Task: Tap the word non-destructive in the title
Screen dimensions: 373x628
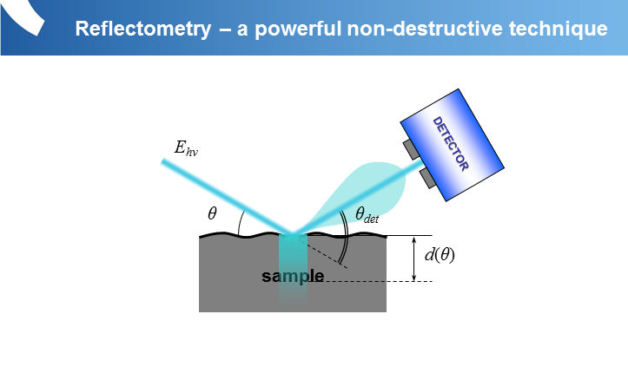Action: [417, 29]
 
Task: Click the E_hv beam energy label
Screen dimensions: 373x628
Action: [186, 148]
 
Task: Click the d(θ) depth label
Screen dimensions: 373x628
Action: [440, 256]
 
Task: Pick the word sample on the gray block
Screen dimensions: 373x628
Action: [293, 277]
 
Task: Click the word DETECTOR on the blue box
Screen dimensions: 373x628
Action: [450, 142]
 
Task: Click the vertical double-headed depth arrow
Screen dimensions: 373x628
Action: [414, 258]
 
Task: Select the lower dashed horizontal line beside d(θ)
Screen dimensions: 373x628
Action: [408, 281]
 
